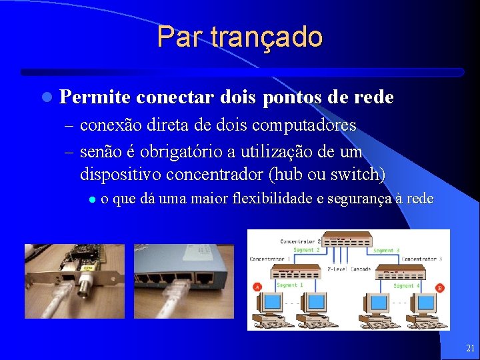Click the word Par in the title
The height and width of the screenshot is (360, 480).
point(178,37)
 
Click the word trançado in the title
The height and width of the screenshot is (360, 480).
point(266,37)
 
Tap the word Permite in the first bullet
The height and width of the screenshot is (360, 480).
point(95,97)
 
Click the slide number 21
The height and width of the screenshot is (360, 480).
point(471,348)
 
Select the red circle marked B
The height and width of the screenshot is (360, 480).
point(439,288)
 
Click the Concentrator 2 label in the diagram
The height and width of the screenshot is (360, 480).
point(301,241)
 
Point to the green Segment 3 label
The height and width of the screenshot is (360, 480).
point(387,251)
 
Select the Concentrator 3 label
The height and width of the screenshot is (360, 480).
point(421,259)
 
